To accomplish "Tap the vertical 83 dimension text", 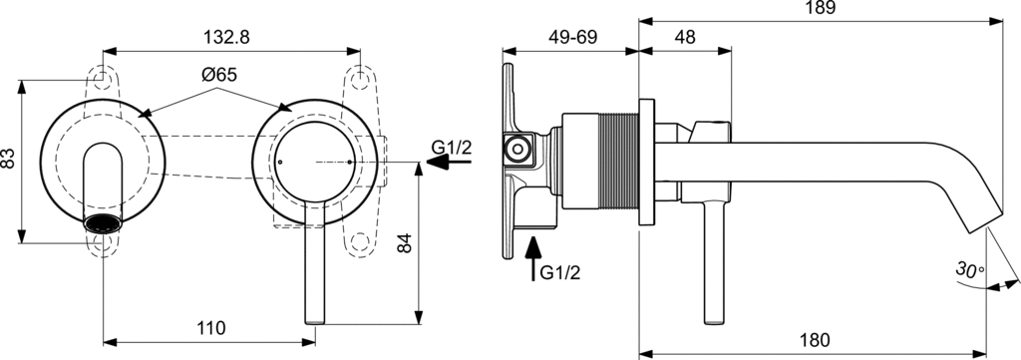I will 9,159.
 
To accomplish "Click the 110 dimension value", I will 211,327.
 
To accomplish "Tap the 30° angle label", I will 968,269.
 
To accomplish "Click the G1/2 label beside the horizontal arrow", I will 452,148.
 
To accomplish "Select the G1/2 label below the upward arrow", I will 559,271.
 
